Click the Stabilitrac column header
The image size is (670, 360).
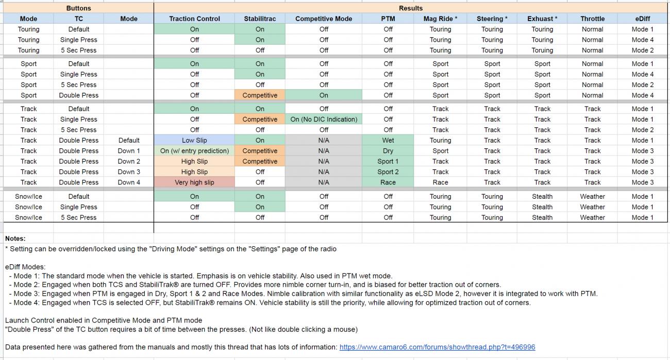coord(260,19)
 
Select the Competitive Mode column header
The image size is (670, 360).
coord(323,19)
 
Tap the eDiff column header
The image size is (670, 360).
coord(642,19)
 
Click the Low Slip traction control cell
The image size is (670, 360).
coord(194,140)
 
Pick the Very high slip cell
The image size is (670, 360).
coord(194,182)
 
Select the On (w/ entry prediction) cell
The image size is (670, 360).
coord(194,151)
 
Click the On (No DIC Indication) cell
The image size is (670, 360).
coord(324,119)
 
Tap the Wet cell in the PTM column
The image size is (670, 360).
coord(388,140)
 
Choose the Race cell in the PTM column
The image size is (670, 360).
coord(388,182)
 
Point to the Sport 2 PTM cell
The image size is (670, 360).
coord(388,172)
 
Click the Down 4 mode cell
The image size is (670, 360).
coord(129,182)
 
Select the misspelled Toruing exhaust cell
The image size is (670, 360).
coord(542,50)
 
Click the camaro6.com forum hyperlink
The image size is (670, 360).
coord(437,347)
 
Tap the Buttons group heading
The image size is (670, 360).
coord(78,8)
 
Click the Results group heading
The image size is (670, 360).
coord(411,8)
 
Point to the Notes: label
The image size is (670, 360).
coord(15,238)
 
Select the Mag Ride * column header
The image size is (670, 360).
coord(440,19)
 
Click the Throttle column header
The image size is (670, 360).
coord(592,19)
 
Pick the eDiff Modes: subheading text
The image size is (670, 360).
coord(25,267)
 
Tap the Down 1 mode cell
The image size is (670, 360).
coord(129,151)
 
